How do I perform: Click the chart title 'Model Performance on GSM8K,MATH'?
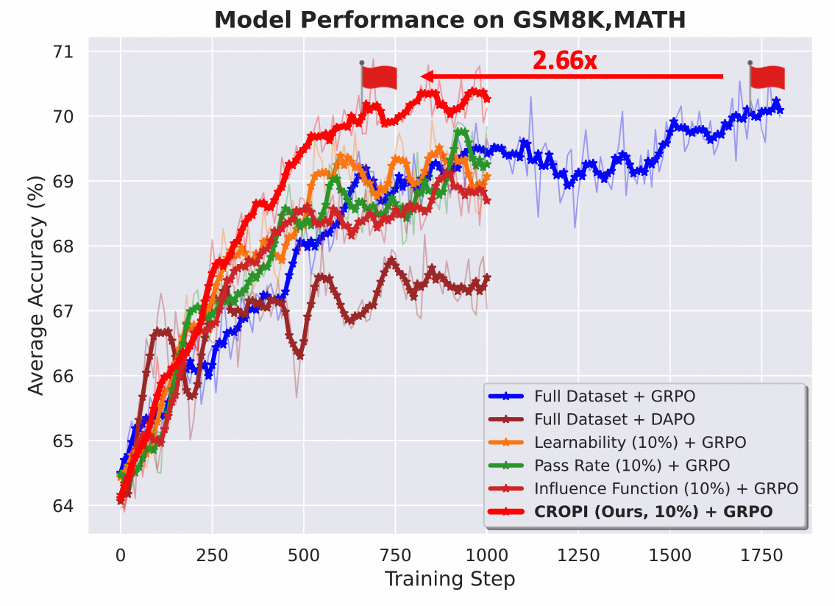tap(450, 20)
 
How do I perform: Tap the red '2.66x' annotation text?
tap(564, 61)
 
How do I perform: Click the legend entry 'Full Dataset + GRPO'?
tap(614, 396)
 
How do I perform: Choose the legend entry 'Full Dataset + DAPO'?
tap(614, 419)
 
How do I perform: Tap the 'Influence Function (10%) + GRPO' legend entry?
tap(666, 488)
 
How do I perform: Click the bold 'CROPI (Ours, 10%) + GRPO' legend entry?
tap(653, 511)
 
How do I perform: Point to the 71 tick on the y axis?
tap(64, 51)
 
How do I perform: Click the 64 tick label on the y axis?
tap(64, 506)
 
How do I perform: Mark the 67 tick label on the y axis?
tap(64, 311)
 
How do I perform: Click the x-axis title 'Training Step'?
tap(450, 579)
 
